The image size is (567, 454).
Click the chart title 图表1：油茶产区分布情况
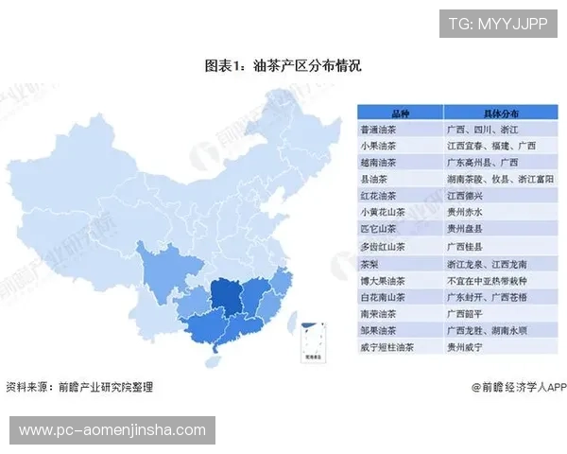click(283, 67)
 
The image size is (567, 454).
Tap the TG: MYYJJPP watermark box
click(498, 23)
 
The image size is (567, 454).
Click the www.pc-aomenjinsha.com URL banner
click(112, 430)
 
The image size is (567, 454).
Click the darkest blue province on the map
click(225, 298)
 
